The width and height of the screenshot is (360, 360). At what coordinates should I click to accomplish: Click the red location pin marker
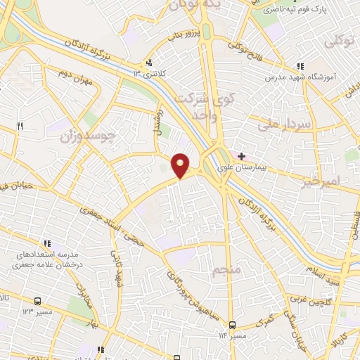tap(181, 165)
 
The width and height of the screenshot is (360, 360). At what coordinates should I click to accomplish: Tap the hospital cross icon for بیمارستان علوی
tap(242, 155)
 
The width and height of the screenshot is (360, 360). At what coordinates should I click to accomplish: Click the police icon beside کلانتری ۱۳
tap(149, 62)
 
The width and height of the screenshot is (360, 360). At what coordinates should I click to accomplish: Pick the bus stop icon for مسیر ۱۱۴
tap(233, 326)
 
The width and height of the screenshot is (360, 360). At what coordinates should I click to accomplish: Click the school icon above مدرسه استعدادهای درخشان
tap(46, 243)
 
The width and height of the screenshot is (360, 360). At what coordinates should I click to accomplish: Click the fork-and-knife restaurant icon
tap(20, 127)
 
